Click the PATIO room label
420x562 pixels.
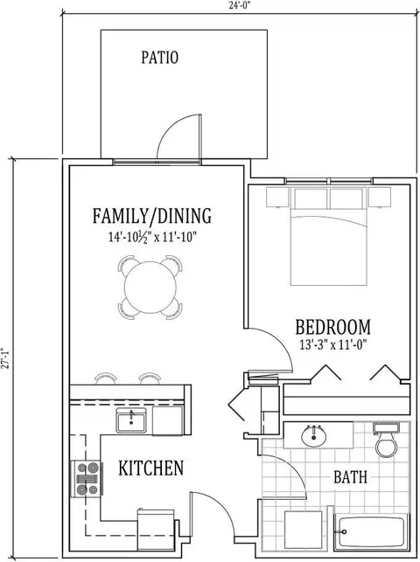coord(159,58)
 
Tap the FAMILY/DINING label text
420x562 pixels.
coord(152,216)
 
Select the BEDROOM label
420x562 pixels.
coord(332,327)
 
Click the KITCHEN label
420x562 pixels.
coord(151,468)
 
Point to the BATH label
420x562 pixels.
coord(350,477)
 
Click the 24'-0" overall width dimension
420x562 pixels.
coord(240,7)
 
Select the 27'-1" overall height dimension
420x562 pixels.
coord(4,358)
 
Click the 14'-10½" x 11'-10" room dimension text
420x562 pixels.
coord(153,237)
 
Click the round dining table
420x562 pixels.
coord(150,288)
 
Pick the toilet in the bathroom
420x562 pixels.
coord(386,441)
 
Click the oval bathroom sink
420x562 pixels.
coord(314,436)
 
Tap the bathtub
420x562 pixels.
coord(371,533)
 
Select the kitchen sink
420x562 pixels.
coord(131,420)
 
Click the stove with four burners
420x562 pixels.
coord(87,479)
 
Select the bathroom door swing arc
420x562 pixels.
coord(291,469)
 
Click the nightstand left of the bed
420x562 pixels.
coord(277,198)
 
